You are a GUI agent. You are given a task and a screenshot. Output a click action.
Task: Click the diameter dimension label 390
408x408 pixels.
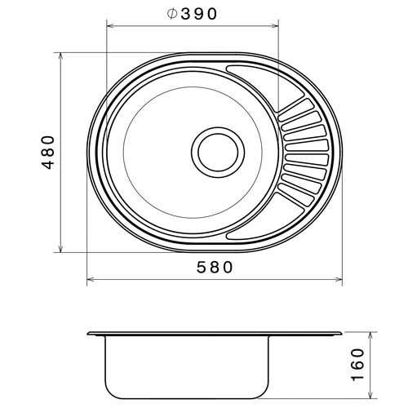[x=199, y=14]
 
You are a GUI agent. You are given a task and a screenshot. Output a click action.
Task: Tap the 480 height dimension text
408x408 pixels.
[x=48, y=153]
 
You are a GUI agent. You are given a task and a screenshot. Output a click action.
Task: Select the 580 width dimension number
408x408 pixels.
[x=215, y=267]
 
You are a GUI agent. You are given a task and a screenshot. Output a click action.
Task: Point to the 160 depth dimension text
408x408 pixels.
[x=357, y=365]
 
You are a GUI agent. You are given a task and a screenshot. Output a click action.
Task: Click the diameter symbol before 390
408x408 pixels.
[x=172, y=14]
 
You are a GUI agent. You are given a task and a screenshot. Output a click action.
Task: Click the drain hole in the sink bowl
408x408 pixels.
[x=218, y=153]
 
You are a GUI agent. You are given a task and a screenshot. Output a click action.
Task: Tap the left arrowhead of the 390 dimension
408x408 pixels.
[x=110, y=26]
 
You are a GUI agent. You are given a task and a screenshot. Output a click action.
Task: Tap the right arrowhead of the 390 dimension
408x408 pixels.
[x=275, y=26]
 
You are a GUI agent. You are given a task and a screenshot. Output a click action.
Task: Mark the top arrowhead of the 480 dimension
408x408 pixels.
[x=60, y=56]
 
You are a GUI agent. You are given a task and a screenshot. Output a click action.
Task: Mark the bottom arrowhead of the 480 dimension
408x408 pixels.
[x=60, y=248]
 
